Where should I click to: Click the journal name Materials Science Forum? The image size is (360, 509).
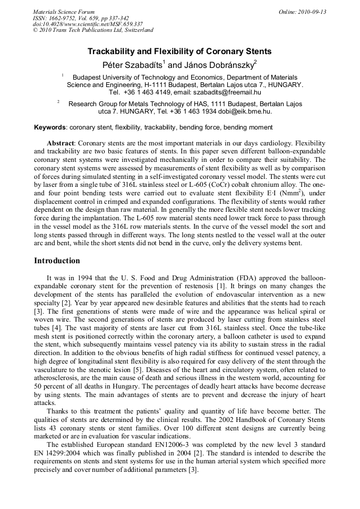tap(64, 11)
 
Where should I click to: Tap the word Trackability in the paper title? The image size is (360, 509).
tap(112, 51)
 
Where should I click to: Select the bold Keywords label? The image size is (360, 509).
tap(50, 127)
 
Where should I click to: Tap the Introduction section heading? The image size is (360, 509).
tap(57, 261)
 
